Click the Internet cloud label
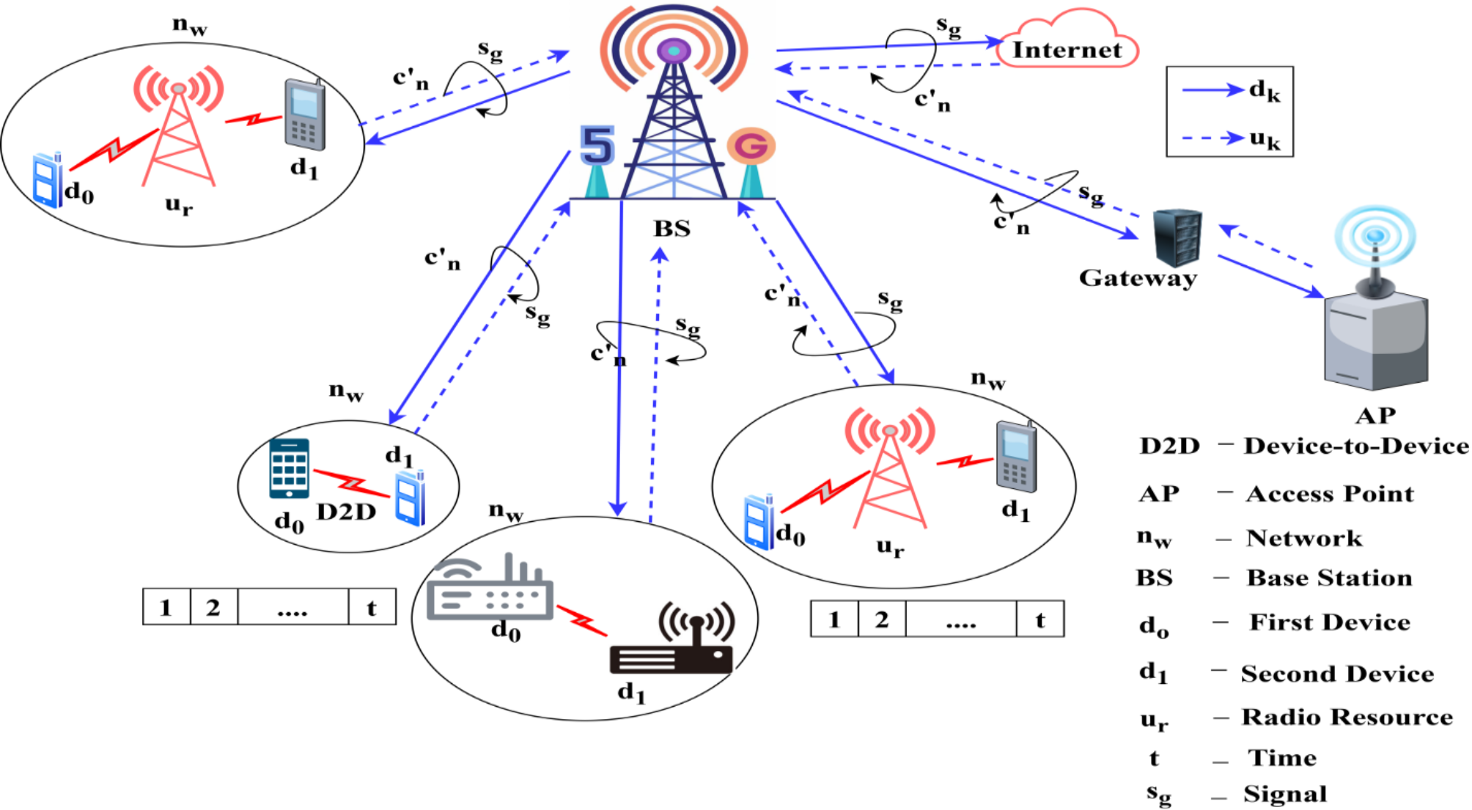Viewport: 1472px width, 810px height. [x=1067, y=50]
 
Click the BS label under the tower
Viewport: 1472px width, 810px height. [x=672, y=229]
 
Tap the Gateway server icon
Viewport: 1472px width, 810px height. [x=1177, y=238]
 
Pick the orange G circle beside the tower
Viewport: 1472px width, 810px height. [x=751, y=146]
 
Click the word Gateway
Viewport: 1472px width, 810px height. [x=1137, y=278]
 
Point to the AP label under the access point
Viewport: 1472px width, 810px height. [x=1375, y=416]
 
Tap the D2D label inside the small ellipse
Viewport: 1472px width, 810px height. [x=346, y=512]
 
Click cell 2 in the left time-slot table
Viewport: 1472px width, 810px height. [x=213, y=607]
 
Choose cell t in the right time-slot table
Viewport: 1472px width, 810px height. [x=1039, y=620]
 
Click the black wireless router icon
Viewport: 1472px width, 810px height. [x=672, y=645]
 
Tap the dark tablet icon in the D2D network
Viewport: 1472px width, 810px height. [x=289, y=469]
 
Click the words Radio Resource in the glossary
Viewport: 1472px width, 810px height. [x=1347, y=717]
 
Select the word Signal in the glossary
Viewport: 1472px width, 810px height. [x=1285, y=794]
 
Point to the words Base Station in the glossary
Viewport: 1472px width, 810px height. [x=1329, y=578]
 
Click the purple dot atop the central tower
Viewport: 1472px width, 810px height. [x=674, y=51]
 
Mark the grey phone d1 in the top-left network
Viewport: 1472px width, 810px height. [x=305, y=115]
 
